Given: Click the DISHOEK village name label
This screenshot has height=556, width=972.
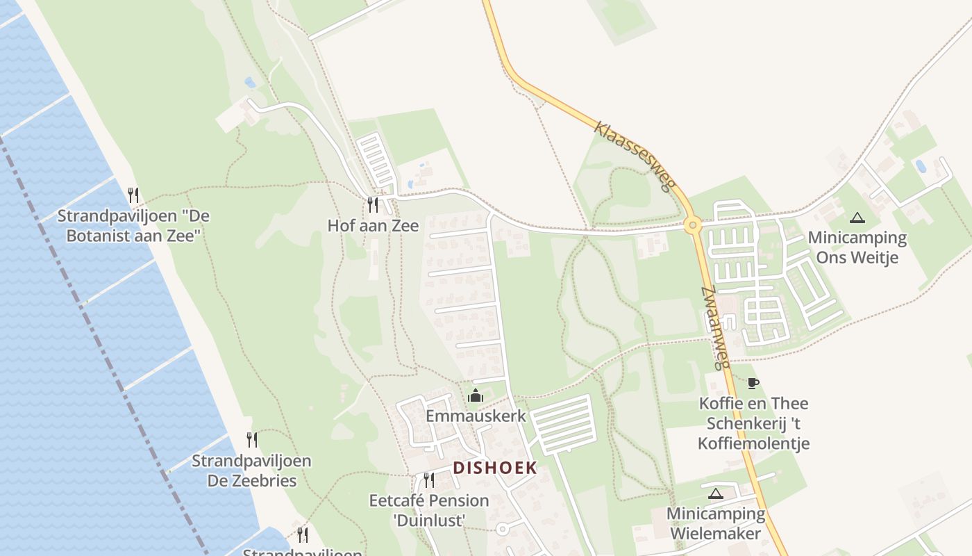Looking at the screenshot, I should click(x=495, y=468).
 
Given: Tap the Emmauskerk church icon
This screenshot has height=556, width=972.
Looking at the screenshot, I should click(x=476, y=396).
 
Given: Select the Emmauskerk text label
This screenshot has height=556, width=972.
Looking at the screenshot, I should click(x=476, y=416).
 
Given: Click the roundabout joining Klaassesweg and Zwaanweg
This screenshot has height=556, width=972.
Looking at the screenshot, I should click(x=692, y=225).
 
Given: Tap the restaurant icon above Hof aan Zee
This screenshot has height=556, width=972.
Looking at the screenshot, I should click(x=373, y=204).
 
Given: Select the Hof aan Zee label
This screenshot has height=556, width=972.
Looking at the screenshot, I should click(x=373, y=226).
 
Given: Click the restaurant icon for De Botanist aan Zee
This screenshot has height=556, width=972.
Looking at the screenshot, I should click(x=133, y=195).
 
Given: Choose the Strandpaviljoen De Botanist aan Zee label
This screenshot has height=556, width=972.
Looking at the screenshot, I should click(x=133, y=226).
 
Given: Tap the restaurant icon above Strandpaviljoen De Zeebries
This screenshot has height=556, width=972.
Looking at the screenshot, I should click(x=252, y=440).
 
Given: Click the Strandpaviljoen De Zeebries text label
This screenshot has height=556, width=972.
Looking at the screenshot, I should click(x=251, y=471).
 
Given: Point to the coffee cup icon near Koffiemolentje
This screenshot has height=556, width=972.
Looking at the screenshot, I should click(x=753, y=383).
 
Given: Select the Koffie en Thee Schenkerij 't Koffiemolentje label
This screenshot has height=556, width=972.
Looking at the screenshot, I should click(x=753, y=423).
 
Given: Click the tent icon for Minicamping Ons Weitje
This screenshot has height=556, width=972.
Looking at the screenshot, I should click(x=857, y=218).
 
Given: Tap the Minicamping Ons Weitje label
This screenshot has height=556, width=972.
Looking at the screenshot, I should click(x=857, y=247).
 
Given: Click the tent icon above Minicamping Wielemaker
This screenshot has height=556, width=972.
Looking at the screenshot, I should click(x=715, y=494).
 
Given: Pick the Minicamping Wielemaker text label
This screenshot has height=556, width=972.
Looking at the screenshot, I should click(x=715, y=524).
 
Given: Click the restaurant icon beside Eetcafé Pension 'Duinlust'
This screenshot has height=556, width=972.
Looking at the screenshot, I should click(x=428, y=480).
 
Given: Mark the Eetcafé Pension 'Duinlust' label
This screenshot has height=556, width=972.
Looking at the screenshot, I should click(x=428, y=510).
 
